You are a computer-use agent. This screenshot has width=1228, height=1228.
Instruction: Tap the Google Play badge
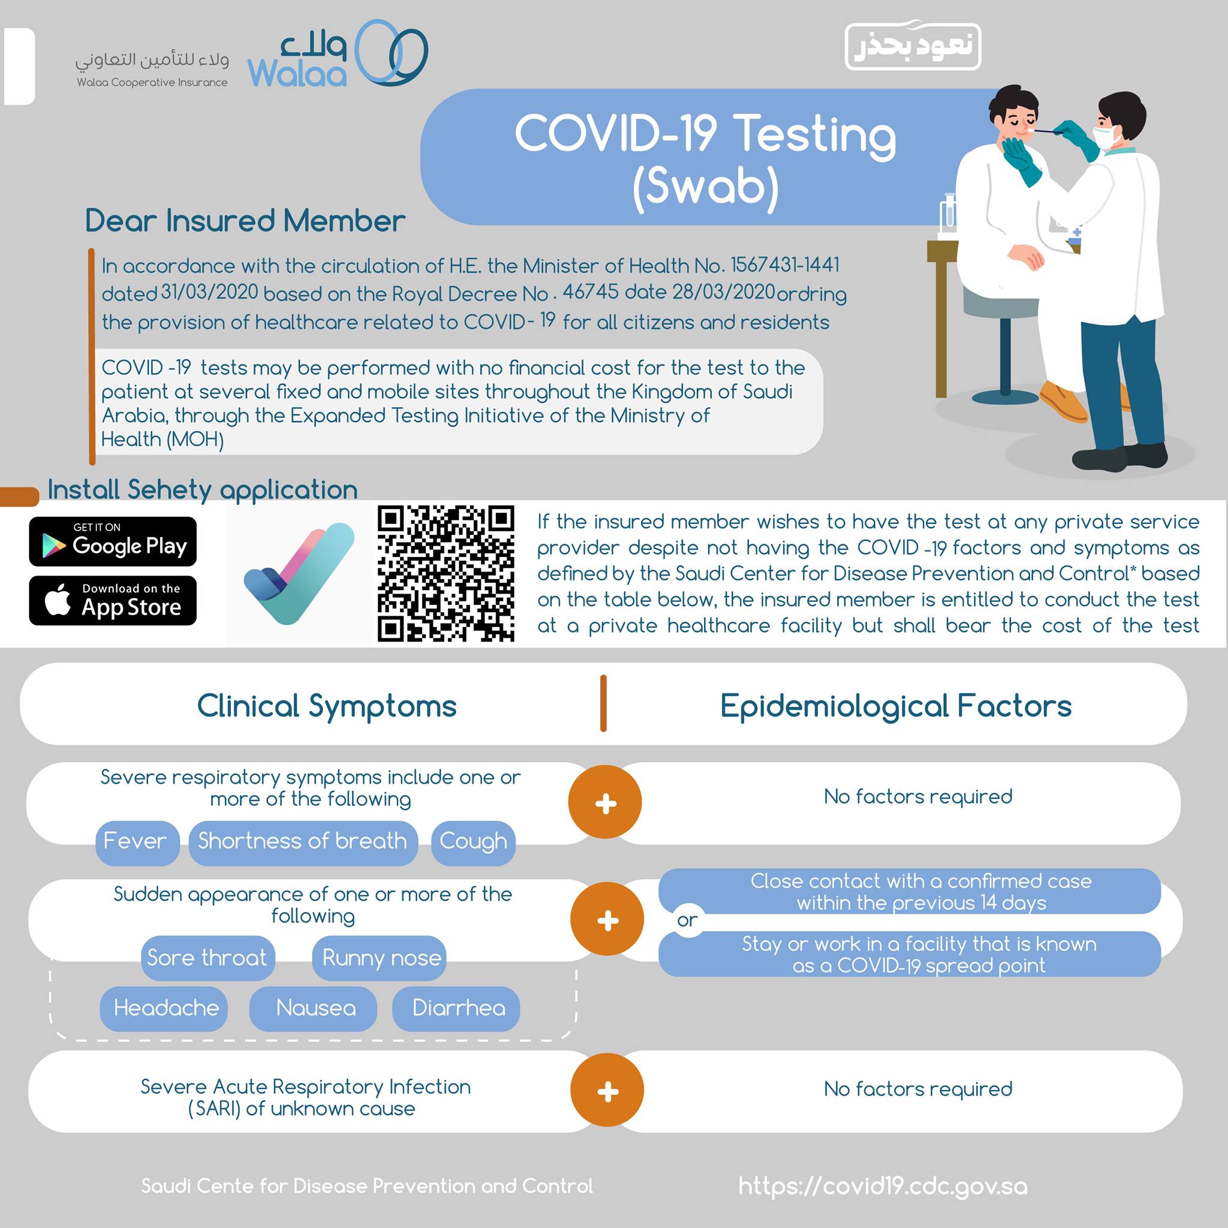[x=113, y=541]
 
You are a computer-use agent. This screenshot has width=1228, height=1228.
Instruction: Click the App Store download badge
[x=113, y=601]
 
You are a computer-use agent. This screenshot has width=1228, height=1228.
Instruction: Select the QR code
[x=446, y=573]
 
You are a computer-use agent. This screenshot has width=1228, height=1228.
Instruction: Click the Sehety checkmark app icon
[x=299, y=573]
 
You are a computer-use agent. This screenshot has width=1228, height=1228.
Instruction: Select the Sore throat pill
[x=208, y=958]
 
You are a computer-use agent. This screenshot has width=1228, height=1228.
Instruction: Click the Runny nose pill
[x=380, y=958]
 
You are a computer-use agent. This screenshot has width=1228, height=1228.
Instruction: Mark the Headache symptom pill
[x=164, y=1009]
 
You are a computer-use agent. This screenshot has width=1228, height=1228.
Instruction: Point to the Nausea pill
[x=314, y=1009]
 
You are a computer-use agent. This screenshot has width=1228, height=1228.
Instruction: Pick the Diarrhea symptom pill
[x=456, y=1009]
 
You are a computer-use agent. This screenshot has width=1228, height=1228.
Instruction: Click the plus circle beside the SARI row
[x=607, y=1091]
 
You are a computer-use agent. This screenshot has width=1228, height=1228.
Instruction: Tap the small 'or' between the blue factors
[x=687, y=920]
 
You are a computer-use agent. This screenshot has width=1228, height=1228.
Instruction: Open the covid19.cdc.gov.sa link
[x=883, y=1186]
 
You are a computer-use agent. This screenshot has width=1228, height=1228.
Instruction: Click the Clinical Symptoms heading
[x=327, y=706]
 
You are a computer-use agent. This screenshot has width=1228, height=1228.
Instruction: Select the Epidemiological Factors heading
[x=896, y=706]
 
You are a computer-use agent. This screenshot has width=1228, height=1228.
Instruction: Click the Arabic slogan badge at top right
[x=913, y=46]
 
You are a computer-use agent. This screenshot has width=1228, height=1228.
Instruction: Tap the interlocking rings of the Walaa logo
[x=391, y=52]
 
